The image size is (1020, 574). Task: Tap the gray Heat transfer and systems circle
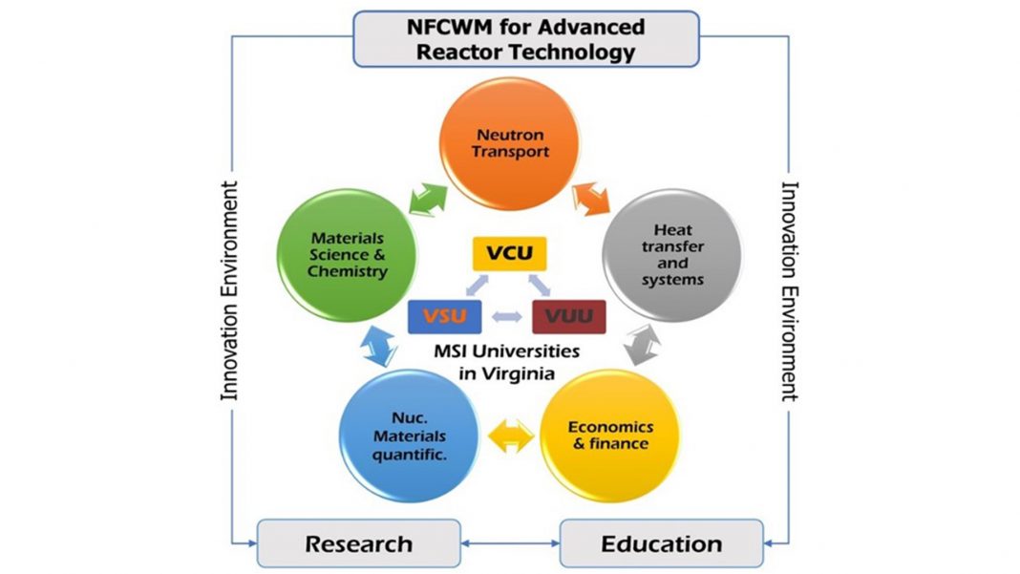[672, 254]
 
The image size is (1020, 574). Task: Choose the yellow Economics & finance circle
[609, 435]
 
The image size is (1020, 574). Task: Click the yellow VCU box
[509, 253]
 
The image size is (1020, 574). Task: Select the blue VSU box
[444, 316]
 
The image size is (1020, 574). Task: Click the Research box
[358, 544]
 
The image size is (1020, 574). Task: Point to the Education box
[661, 544]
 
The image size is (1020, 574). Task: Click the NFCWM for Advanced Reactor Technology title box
[525, 39]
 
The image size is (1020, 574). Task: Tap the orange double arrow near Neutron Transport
[592, 199]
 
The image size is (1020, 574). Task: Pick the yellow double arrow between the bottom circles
[512, 436]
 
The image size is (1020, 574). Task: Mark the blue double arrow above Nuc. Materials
[378, 345]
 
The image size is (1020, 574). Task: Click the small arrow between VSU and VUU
[506, 316]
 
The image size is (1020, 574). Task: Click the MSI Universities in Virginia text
[505, 361]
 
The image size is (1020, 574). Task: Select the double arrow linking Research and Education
[510, 544]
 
